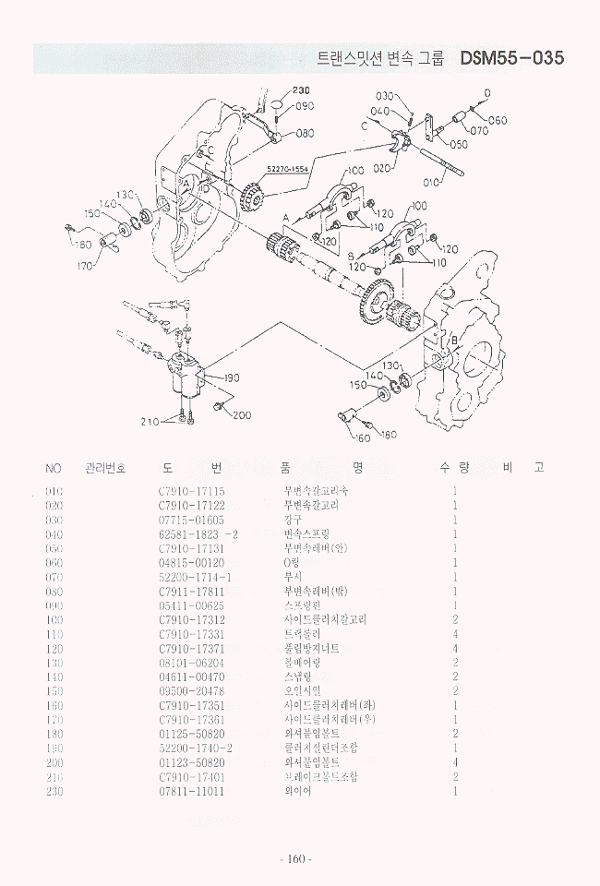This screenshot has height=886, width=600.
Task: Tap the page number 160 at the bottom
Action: pos(295,859)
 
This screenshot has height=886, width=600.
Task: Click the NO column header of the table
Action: pos(54,469)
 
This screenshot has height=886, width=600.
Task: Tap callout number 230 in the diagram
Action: pos(301,90)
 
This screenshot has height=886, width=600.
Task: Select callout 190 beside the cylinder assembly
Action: pos(230,377)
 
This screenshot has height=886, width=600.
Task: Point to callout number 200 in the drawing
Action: pos(242,415)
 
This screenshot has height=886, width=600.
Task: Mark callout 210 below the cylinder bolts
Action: pos(150,422)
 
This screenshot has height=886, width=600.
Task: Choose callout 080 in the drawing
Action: pos(305,134)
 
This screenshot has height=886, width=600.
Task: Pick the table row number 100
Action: pos(54,620)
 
